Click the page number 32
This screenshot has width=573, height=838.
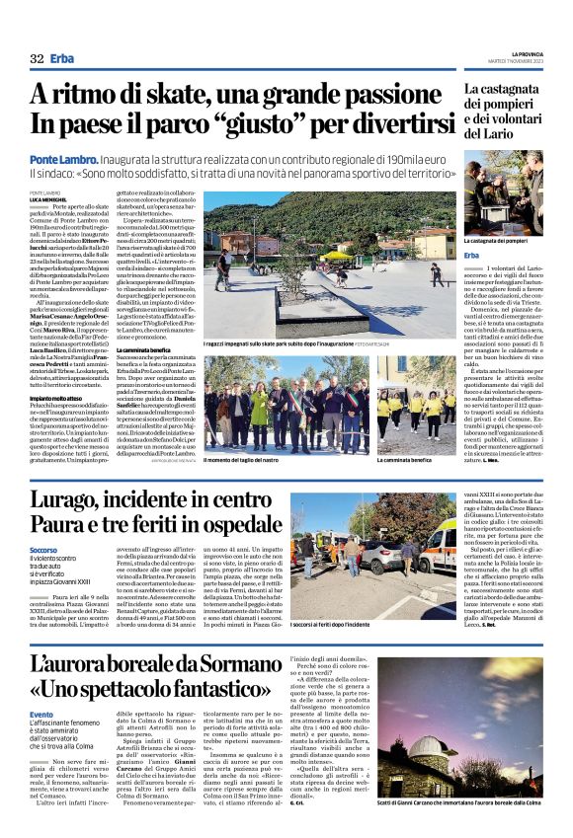point(37,58)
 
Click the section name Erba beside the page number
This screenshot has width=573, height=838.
point(64,58)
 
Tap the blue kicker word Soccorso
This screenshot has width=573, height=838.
point(43,549)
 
